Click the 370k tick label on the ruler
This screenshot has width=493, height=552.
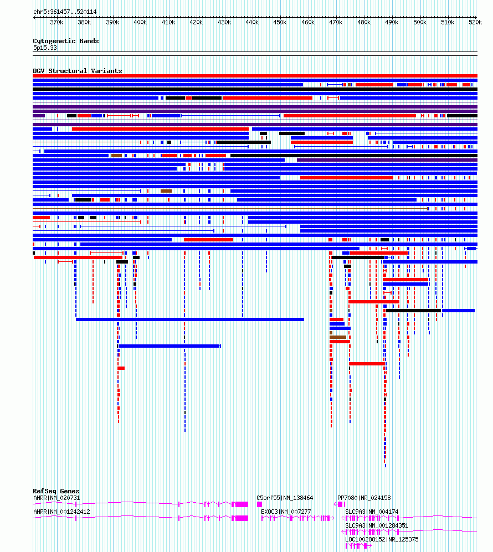click(x=57, y=22)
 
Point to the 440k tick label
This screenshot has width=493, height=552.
click(x=252, y=22)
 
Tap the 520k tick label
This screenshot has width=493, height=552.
click(x=475, y=22)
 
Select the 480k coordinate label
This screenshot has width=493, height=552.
click(x=364, y=22)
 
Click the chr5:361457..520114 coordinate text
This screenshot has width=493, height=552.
click(x=65, y=12)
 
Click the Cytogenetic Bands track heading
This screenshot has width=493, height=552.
click(x=66, y=41)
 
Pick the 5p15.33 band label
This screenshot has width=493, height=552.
click(x=45, y=48)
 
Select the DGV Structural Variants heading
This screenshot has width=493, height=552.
click(x=78, y=71)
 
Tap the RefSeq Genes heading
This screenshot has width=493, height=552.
click(x=56, y=491)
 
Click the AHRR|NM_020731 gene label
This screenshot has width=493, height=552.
click(x=57, y=498)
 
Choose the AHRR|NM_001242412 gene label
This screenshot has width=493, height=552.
click(x=61, y=512)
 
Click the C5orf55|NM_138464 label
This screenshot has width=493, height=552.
click(x=285, y=498)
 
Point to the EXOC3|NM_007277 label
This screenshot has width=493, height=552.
click(x=286, y=512)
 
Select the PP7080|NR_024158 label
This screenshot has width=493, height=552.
click(x=364, y=498)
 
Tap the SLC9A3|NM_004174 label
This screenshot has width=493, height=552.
click(x=372, y=512)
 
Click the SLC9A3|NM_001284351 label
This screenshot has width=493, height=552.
click(x=377, y=525)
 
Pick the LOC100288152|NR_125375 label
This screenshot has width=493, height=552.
click(x=382, y=539)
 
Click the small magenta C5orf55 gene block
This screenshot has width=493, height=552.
click(x=260, y=504)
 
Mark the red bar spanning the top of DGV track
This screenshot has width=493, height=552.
click(x=255, y=76)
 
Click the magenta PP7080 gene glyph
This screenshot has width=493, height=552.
click(x=340, y=504)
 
